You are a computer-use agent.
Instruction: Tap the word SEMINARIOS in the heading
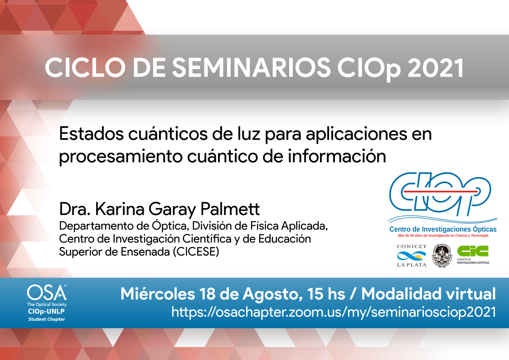point(251,68)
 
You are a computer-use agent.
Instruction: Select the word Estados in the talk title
point(91,133)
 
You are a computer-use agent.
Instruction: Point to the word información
point(337,156)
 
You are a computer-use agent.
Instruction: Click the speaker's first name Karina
point(120,209)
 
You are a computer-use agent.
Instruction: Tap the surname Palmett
point(230,209)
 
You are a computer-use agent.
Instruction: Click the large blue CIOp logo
point(440,194)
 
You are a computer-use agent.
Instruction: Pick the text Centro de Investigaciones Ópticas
point(443,229)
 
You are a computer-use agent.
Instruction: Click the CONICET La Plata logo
point(412,256)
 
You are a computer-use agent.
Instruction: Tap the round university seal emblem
point(441,256)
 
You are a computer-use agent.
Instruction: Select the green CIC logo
point(473,254)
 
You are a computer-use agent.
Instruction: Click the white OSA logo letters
point(47,292)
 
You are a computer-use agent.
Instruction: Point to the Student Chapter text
point(46,319)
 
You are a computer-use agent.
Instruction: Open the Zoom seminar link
point(334,312)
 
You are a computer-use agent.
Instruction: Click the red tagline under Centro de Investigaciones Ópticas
point(443,236)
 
